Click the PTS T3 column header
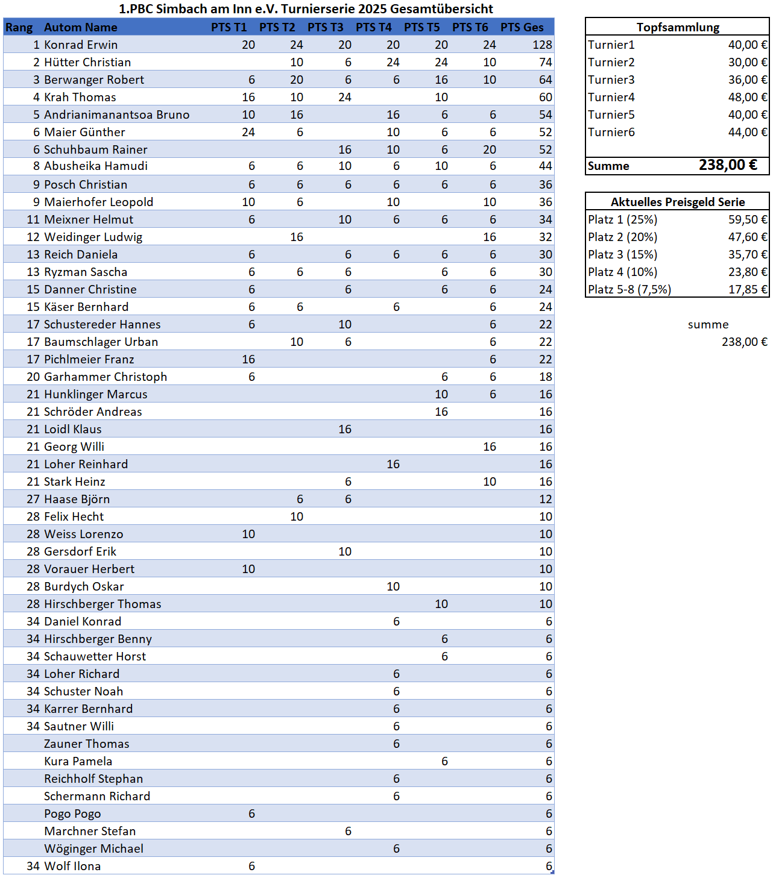coord(325,27)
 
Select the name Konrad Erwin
coord(81,45)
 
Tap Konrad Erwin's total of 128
coord(542,45)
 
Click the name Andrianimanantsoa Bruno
coord(116,114)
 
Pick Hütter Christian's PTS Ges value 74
coord(545,62)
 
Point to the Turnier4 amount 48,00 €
coord(747,97)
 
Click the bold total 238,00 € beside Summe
coord(727,165)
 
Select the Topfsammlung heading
coord(678,27)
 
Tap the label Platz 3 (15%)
coord(622,254)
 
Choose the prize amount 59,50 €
coord(747,219)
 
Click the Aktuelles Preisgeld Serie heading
coord(678,202)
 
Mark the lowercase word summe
coord(708,324)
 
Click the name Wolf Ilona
coord(72,866)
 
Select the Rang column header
coord(19,27)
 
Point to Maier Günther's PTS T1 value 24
coord(248,132)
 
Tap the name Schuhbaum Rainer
coord(95,149)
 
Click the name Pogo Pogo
coord(72,814)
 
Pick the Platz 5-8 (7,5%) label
coord(629,289)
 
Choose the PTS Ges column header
coord(522,27)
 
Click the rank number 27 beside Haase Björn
coord(33,499)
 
